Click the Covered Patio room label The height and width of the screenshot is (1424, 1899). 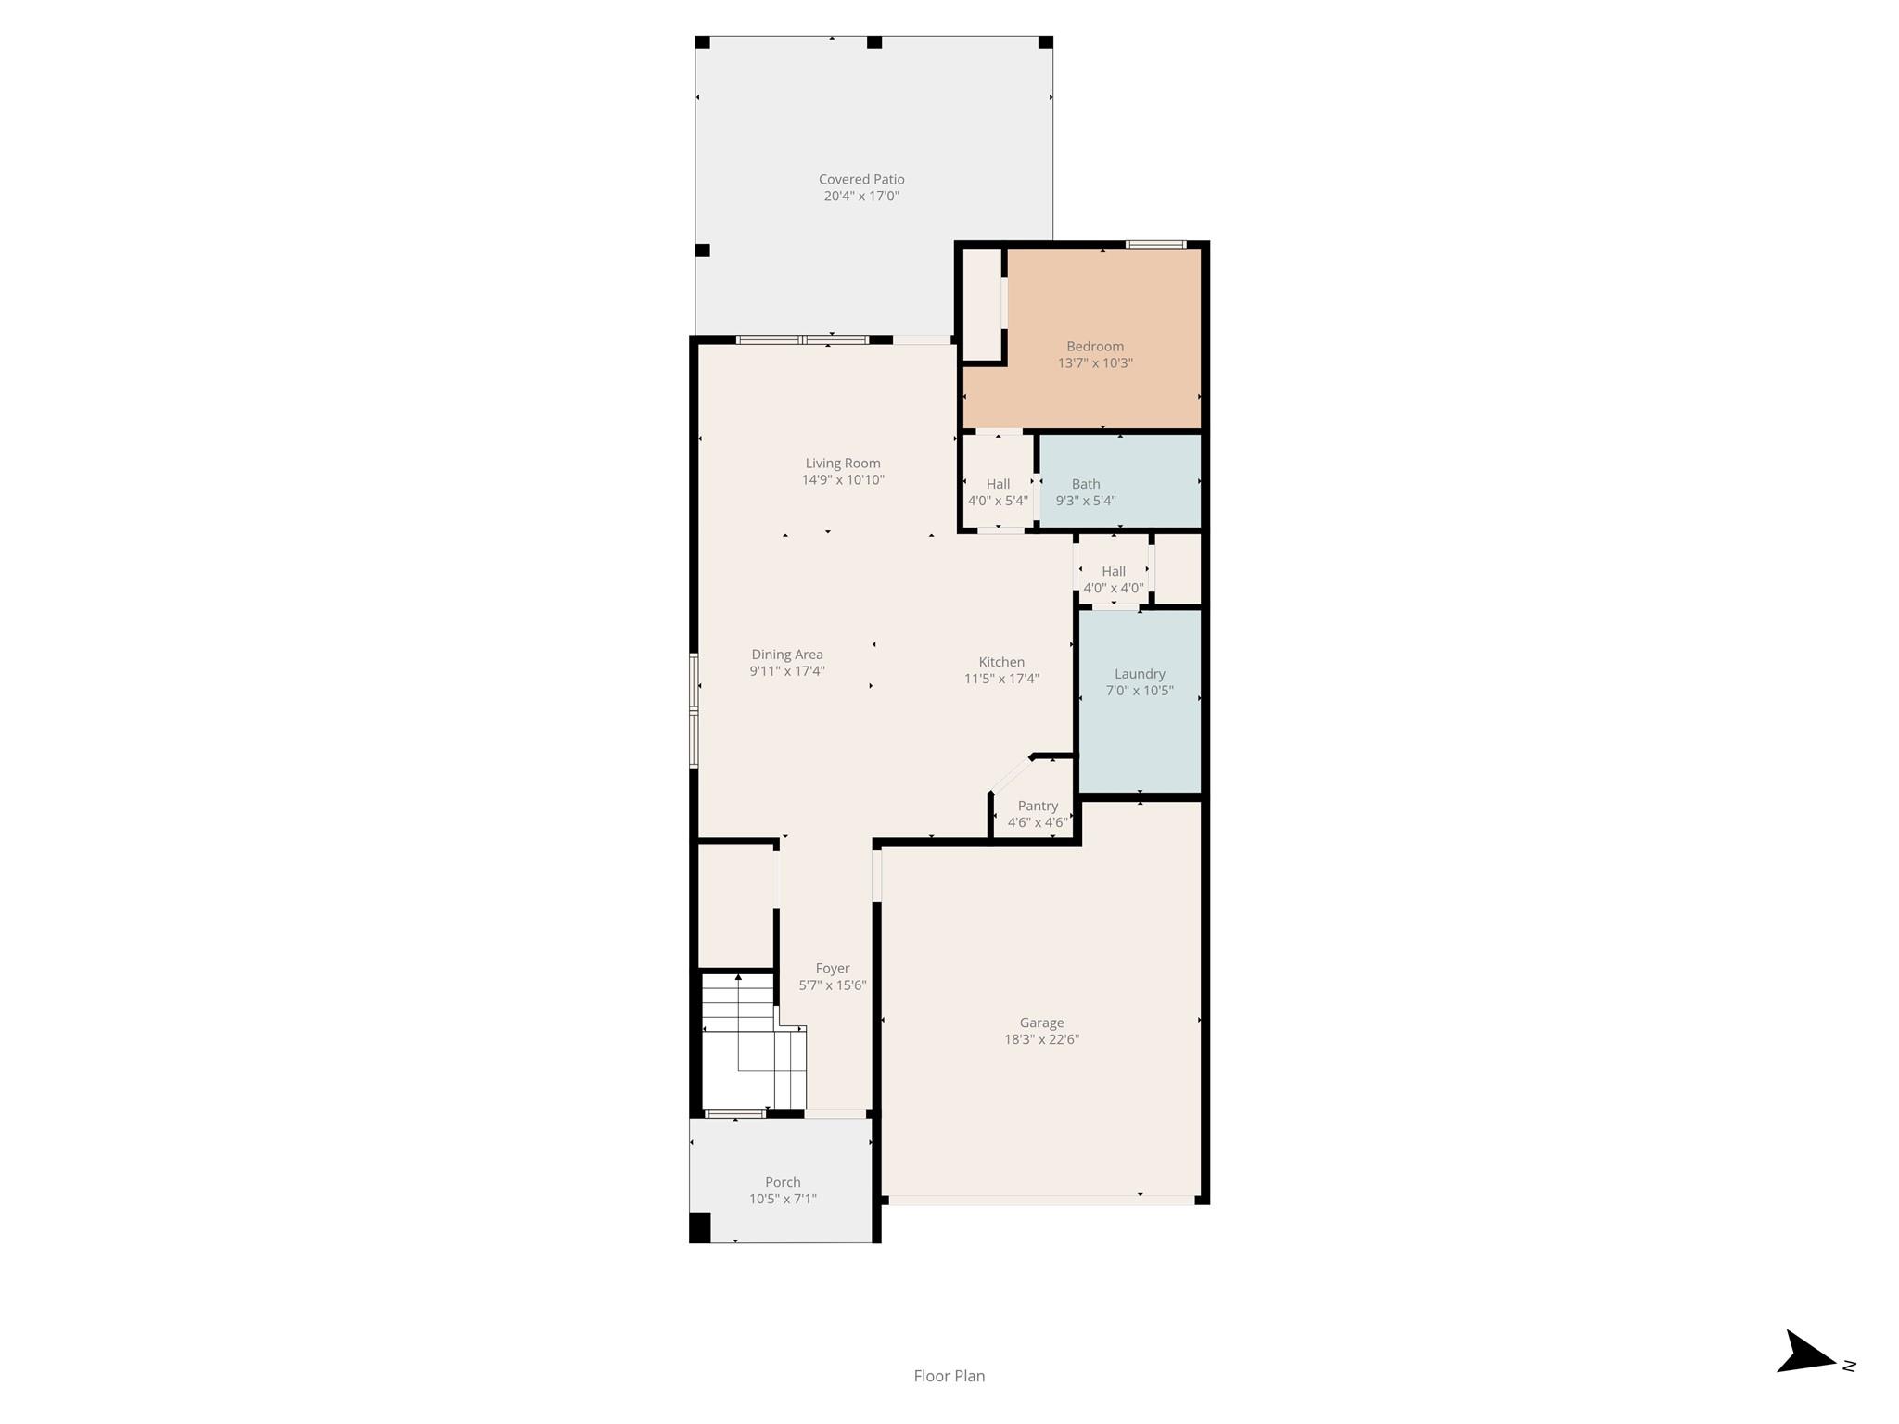[x=861, y=180]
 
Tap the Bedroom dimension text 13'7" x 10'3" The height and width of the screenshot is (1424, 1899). [x=1095, y=363]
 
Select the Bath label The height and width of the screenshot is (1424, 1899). [x=1086, y=484]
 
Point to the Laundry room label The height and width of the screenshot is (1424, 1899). [x=1140, y=674]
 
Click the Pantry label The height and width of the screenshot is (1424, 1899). [x=1038, y=806]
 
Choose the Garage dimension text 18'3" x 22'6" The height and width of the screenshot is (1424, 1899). [x=1041, y=1039]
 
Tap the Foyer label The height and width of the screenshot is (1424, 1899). [x=833, y=968]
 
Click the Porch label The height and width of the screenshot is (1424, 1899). [x=783, y=1182]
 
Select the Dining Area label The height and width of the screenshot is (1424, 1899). [x=787, y=655]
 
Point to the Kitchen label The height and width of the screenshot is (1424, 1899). [x=1001, y=662]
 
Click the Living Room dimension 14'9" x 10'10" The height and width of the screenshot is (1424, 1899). [x=843, y=480]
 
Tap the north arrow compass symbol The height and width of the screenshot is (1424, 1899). [x=1806, y=1379]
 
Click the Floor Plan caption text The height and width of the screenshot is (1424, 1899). [x=949, y=1376]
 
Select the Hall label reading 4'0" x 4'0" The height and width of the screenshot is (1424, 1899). [x=1114, y=579]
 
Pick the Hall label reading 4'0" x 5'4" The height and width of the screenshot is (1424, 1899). [x=998, y=492]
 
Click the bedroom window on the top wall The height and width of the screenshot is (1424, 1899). [x=1155, y=245]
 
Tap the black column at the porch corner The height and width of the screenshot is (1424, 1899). [x=700, y=1227]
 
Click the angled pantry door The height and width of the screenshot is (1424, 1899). [x=1011, y=774]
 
